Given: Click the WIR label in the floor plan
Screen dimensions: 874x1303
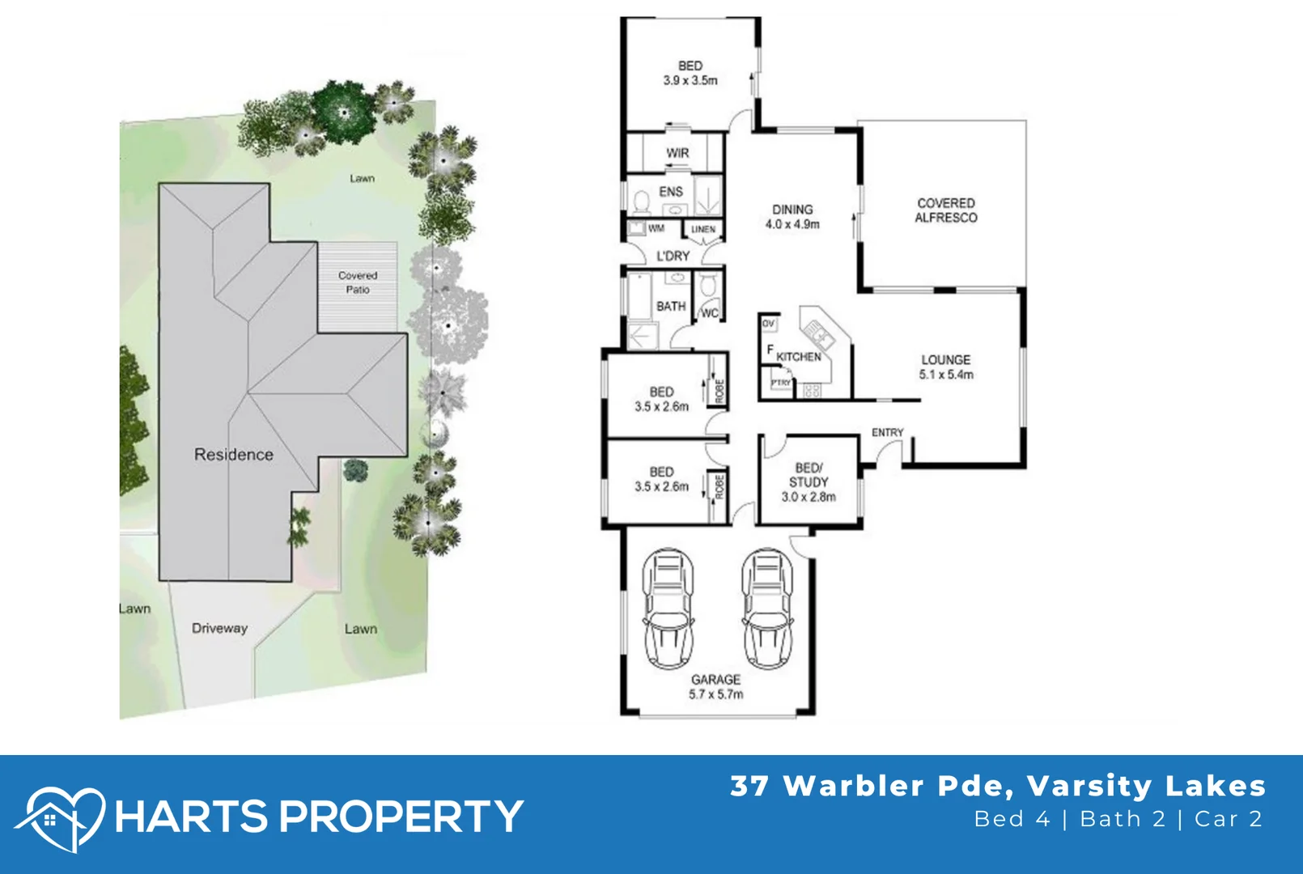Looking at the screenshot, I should click(x=677, y=153).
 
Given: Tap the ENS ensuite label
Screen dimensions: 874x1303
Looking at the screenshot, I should click(x=671, y=192).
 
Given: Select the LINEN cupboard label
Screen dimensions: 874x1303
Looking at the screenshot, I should click(x=703, y=230).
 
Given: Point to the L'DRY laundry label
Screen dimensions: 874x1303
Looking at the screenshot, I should click(x=673, y=256).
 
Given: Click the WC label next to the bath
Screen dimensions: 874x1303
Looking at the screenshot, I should click(x=710, y=313).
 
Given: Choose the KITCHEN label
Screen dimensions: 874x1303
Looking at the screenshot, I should click(x=799, y=357).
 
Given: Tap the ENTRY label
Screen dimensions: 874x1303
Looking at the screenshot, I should click(x=887, y=433).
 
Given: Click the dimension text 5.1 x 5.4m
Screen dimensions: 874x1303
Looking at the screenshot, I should click(x=946, y=375).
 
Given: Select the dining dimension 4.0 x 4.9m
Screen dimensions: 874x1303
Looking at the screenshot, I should click(x=792, y=224).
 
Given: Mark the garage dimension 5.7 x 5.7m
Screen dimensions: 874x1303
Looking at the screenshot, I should click(x=715, y=694).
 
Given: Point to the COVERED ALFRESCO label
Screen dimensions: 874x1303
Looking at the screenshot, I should click(x=946, y=210).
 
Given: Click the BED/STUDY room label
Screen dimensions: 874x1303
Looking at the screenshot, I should click(x=809, y=475).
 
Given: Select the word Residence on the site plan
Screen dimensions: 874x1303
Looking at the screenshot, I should click(x=234, y=455).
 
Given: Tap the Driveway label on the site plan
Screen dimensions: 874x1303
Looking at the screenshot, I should click(x=219, y=628).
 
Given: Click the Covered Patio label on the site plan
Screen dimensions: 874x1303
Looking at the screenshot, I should click(x=358, y=282).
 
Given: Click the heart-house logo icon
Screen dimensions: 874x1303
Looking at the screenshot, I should click(x=60, y=818).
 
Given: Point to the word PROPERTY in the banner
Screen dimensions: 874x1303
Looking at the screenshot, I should click(x=401, y=816).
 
